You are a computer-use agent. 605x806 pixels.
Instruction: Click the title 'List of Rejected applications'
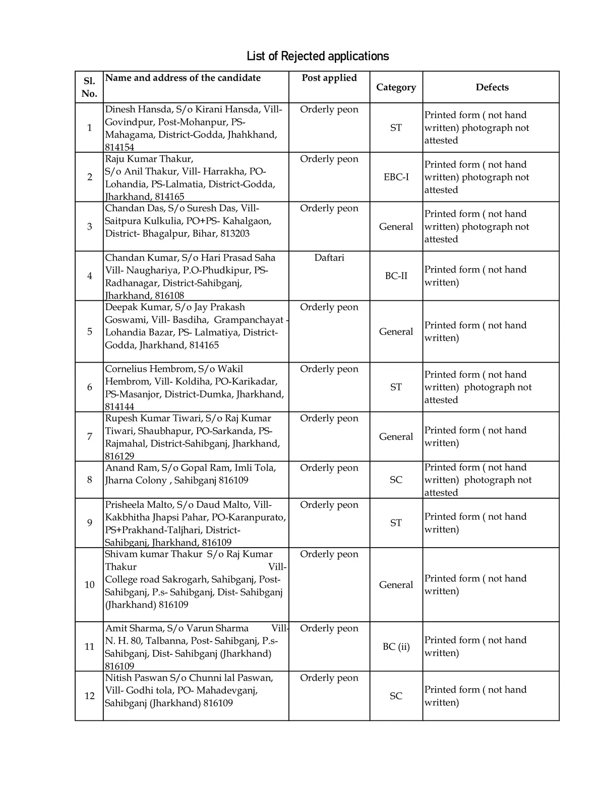pyautogui.click(x=318, y=56)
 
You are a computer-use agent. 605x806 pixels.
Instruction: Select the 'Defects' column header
pyautogui.click(x=492, y=87)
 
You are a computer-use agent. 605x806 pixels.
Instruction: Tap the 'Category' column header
pyautogui.click(x=396, y=87)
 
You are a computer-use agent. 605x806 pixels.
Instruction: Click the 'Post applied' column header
pyautogui.click(x=329, y=78)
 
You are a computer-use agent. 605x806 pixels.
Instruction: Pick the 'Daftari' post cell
pyautogui.click(x=329, y=258)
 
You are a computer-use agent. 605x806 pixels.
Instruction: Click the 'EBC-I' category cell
pyautogui.click(x=396, y=177)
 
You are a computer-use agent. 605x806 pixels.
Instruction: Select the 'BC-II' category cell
pyautogui.click(x=396, y=276)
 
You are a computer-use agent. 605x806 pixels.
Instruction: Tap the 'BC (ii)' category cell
pyautogui.click(x=396, y=646)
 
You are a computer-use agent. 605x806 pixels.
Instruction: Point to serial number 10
pyautogui.click(x=89, y=584)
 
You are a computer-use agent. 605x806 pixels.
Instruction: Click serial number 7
pyautogui.click(x=89, y=436)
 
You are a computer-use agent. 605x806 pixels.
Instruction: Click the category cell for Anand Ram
pyautogui.click(x=396, y=480)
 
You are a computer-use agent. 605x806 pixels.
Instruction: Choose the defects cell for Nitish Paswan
pyautogui.click(x=475, y=696)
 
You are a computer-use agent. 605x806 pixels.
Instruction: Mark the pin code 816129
pyautogui.click(x=119, y=456)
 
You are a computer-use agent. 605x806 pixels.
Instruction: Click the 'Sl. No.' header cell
pyautogui.click(x=89, y=87)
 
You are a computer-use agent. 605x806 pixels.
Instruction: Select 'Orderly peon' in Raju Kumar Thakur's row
pyautogui.click(x=329, y=159)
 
